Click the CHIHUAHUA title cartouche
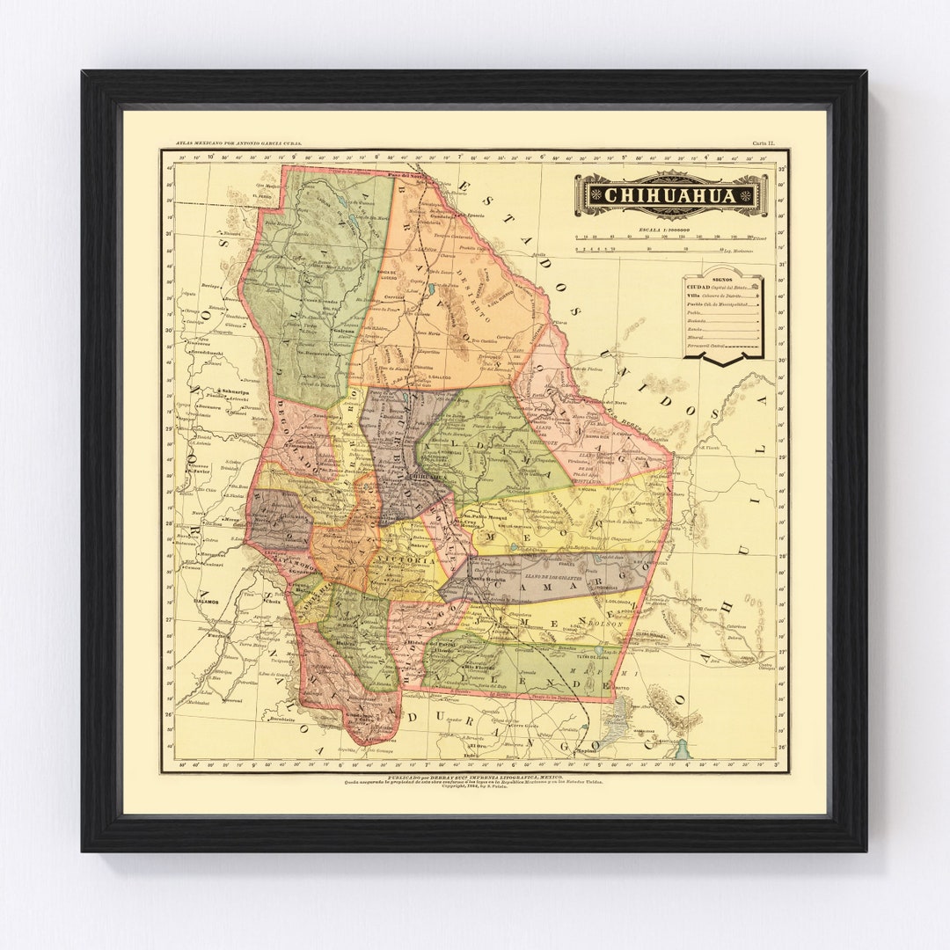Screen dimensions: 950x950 [x=671, y=194]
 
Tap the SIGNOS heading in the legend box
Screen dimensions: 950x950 [x=721, y=279]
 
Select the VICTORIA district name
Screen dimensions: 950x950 [x=404, y=559]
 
